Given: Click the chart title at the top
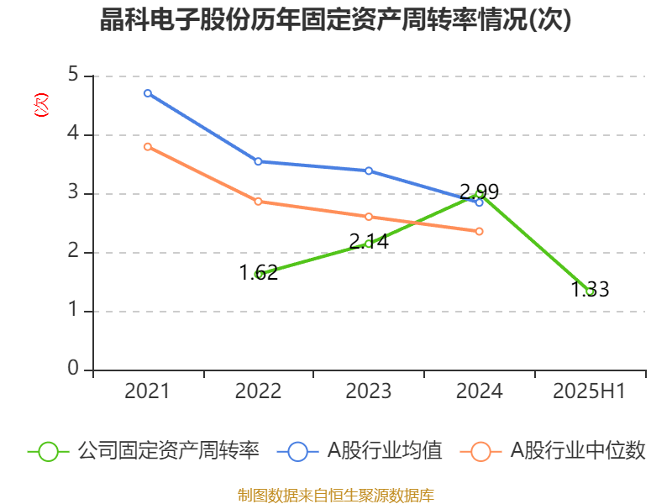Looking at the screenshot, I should [336, 20].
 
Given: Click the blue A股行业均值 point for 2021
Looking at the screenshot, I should [148, 93].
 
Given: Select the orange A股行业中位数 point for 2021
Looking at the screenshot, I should [148, 146].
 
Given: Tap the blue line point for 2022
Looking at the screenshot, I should [258, 161].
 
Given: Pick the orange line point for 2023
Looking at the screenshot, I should [369, 217].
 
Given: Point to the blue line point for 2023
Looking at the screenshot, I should [369, 171].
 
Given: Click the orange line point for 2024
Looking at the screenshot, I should [480, 231].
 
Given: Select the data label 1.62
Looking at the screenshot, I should [258, 273].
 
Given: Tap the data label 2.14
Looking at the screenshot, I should [369, 242].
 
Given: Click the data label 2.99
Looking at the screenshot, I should [480, 191].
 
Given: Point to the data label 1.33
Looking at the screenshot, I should [590, 290].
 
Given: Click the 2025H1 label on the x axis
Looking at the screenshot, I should [590, 391].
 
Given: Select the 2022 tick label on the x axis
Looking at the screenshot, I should [258, 391].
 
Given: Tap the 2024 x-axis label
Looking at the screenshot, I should [480, 391].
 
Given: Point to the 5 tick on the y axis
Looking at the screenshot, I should [73, 76].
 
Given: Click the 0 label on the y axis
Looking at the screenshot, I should [73, 370].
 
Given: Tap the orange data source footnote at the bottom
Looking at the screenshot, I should [336, 495].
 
